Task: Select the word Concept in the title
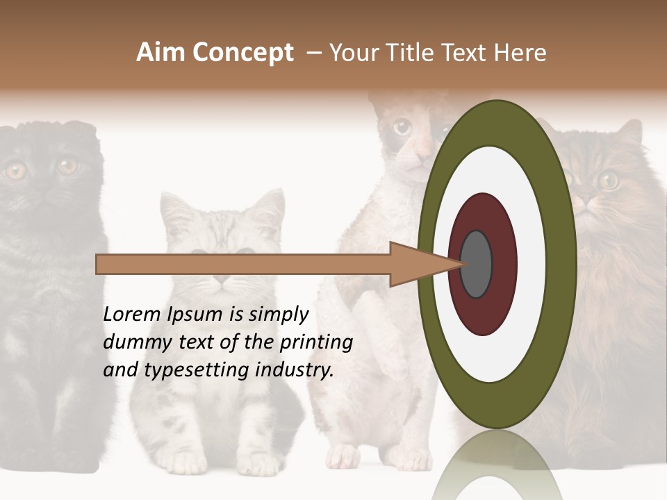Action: tap(242, 53)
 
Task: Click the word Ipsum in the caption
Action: tap(197, 315)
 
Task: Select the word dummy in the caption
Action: tap(133, 342)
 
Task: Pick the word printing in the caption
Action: tap(315, 342)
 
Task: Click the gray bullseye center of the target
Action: tap(476, 264)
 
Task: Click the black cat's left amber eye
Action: tap(15, 170)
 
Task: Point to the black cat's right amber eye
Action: tap(67, 166)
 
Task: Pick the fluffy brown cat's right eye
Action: tap(609, 180)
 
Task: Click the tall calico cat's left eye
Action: tap(402, 127)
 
